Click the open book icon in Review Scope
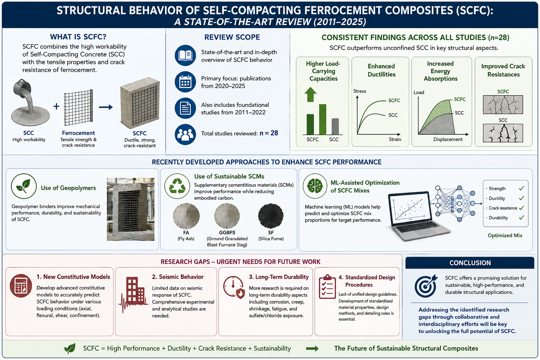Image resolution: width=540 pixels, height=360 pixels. [x=185, y=56]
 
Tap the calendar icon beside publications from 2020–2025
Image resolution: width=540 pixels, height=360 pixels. [x=185, y=82]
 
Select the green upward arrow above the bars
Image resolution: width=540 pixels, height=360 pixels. [x=310, y=94]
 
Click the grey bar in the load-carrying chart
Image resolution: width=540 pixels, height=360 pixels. [x=335, y=126]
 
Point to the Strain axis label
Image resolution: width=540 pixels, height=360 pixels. [x=395, y=139]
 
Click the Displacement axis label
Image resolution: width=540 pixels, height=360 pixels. [x=448, y=139]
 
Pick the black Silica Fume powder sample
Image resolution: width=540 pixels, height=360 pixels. [x=271, y=216]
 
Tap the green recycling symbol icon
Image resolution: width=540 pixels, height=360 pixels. [x=177, y=186]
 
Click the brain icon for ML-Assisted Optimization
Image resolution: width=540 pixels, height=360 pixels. [x=315, y=186]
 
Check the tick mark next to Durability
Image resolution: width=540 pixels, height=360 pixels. [x=521, y=218]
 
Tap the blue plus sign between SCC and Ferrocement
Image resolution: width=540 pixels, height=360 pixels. [x=56, y=106]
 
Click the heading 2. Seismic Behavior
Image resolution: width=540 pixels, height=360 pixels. [x=178, y=277]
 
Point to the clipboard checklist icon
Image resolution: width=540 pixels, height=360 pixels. [x=327, y=287]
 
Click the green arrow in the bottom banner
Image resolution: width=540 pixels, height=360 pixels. [x=312, y=348]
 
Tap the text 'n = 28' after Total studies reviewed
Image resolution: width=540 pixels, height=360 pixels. [x=269, y=133]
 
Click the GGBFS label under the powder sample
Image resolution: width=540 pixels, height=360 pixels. [x=227, y=232]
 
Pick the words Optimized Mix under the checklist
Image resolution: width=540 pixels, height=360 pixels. [x=505, y=235]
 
